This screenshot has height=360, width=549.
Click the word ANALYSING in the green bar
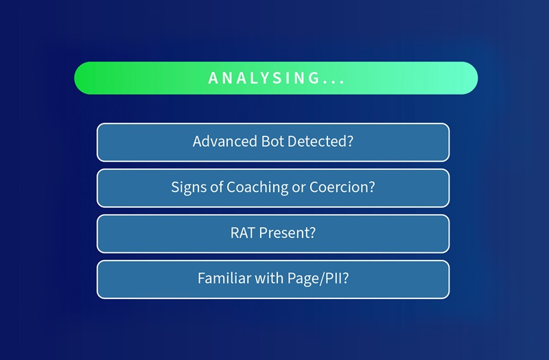point(264,78)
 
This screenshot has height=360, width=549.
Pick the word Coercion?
point(342,187)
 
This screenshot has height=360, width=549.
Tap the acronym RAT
point(243,233)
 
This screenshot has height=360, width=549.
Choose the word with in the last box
point(268,279)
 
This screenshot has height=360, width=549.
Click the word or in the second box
point(299,187)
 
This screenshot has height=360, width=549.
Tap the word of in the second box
point(215,187)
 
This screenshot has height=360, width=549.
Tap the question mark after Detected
point(350,142)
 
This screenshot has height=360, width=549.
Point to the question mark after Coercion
point(372,187)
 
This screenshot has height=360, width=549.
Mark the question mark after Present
point(312,233)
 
